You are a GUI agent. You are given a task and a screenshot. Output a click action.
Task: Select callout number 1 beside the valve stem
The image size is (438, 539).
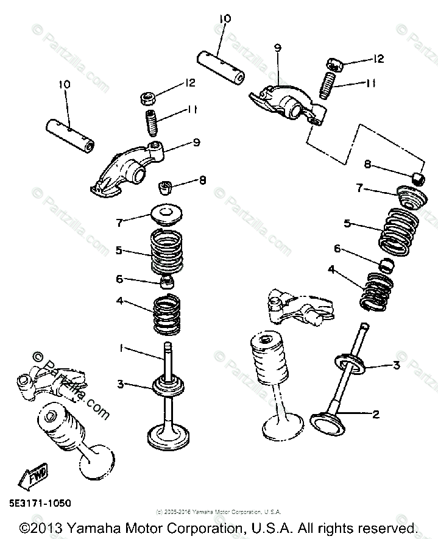pos(121,348)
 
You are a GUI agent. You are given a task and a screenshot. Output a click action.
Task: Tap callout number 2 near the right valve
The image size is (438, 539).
pos(376,415)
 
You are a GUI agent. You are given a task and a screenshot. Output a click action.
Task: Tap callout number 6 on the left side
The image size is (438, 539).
pos(120,279)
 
